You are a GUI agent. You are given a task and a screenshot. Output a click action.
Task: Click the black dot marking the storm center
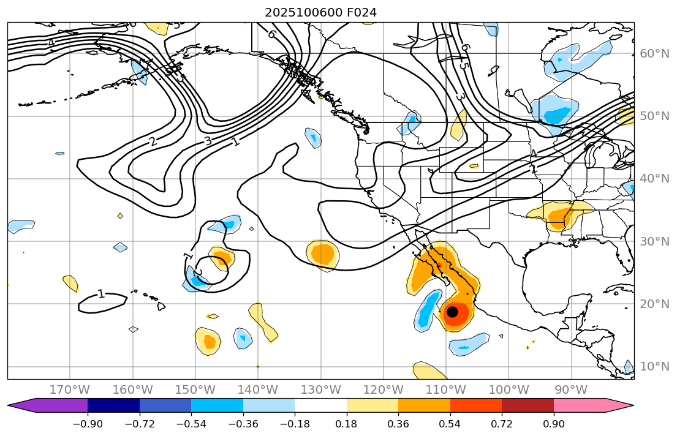(452, 312)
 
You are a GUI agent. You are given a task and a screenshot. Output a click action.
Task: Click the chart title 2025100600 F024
(320, 12)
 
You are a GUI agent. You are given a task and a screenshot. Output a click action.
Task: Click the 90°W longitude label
(570, 390)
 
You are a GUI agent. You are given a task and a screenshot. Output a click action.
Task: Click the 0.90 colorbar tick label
(554, 424)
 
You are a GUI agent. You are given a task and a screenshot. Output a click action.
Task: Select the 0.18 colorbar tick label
(347, 424)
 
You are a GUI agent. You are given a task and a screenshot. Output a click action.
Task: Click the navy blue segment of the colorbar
(113, 405)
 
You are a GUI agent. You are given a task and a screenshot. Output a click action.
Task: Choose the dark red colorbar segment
(528, 405)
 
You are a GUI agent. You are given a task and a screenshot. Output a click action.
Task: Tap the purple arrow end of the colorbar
(25, 405)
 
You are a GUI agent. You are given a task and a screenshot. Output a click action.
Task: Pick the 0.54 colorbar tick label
(450, 424)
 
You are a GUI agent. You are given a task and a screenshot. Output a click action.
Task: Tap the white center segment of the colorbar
(320, 405)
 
